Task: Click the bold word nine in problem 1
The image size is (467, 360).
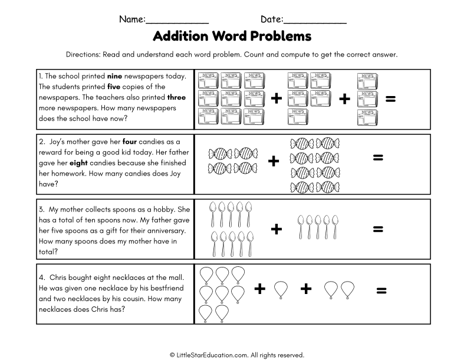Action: click(113, 76)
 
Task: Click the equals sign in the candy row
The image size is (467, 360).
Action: click(378, 157)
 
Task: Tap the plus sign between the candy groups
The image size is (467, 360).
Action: click(273, 161)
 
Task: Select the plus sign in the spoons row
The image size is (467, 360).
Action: click(276, 229)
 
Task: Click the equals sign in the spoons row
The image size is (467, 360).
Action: click(378, 229)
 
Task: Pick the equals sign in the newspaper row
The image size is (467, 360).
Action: click(390, 99)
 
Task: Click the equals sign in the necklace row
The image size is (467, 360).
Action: click(381, 290)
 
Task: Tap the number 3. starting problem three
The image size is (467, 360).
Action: click(42, 209)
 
